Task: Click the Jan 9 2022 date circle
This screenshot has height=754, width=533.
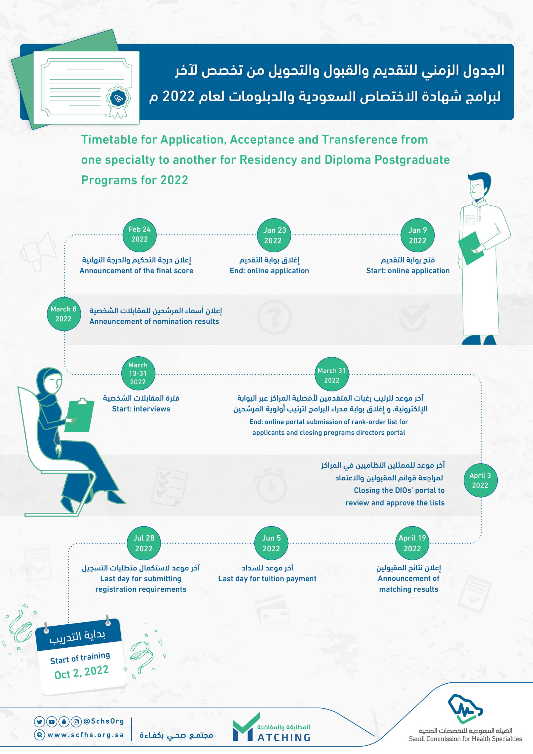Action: [x=417, y=235]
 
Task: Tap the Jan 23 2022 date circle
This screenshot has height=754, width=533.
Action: [x=274, y=235]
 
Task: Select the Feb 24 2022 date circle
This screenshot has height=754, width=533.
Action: [x=140, y=235]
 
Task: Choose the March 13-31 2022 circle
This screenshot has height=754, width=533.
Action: [x=138, y=373]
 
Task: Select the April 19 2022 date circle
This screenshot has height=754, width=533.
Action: [x=412, y=543]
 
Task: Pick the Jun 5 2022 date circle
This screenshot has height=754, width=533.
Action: [x=271, y=543]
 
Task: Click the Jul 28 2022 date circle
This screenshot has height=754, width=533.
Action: [x=144, y=543]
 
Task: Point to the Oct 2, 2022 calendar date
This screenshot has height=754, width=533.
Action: [x=82, y=672]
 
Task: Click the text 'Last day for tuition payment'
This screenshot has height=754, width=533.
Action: [x=267, y=579]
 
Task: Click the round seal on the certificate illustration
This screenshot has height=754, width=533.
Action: [x=118, y=98]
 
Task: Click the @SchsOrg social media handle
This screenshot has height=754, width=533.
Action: [x=104, y=721]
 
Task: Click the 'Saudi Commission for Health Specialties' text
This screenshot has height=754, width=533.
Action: [x=465, y=739]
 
